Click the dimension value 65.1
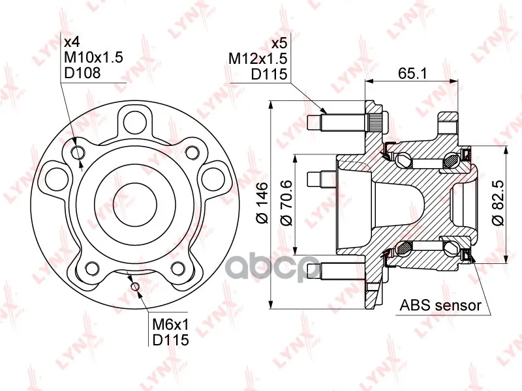(412, 73)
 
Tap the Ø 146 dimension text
(262, 203)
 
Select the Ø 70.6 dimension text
(286, 203)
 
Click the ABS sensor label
(440, 304)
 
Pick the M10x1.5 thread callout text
(93, 57)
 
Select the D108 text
(82, 73)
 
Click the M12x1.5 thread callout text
(257, 59)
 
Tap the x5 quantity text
(279, 44)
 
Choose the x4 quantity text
(72, 42)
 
